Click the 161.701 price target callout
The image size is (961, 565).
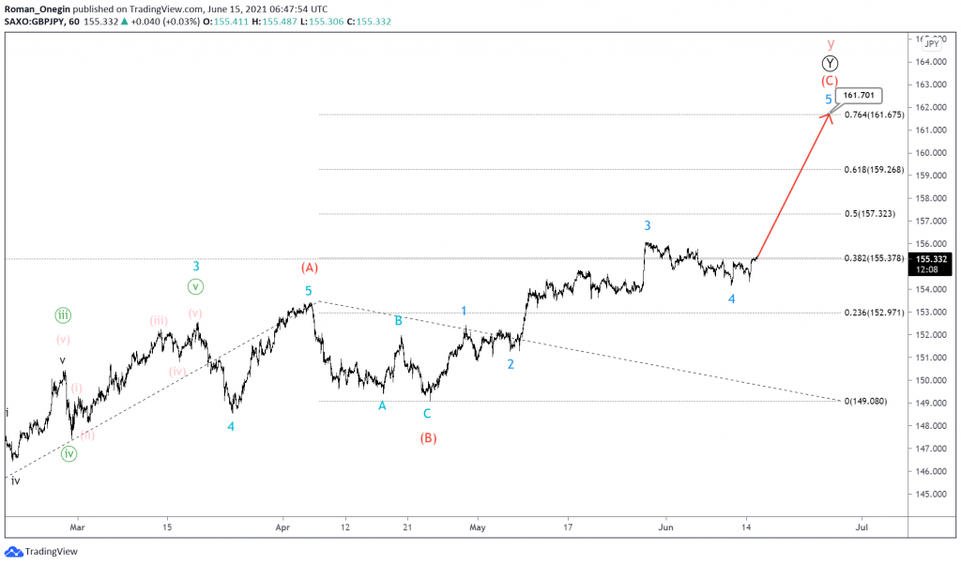[x=861, y=95]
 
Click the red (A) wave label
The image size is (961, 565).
[x=310, y=267]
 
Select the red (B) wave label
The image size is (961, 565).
[x=428, y=437]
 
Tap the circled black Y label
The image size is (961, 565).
[x=831, y=63]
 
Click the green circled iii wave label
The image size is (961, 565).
[x=63, y=315]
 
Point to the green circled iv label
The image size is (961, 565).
[x=69, y=454]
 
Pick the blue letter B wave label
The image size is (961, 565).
[x=399, y=320]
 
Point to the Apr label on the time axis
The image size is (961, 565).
[x=282, y=527]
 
